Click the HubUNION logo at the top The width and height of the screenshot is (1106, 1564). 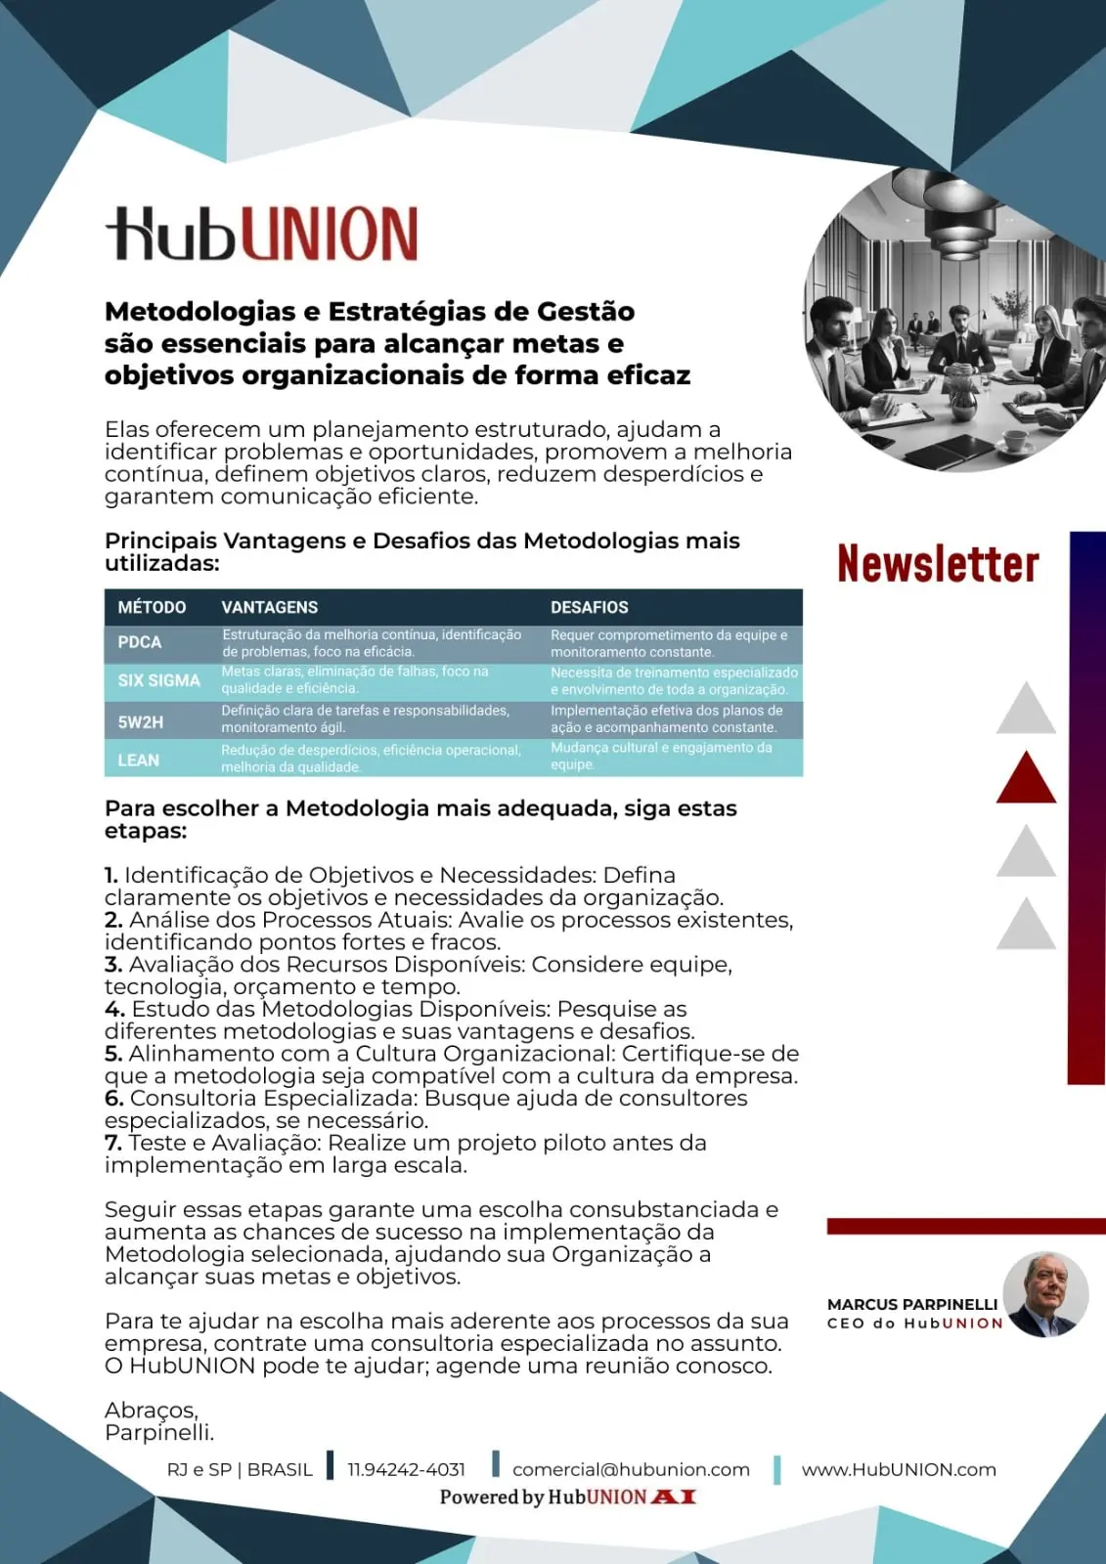pyautogui.click(x=262, y=234)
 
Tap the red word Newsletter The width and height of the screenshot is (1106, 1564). pyautogui.click(x=938, y=564)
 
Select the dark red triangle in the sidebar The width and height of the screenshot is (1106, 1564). pyautogui.click(x=1026, y=779)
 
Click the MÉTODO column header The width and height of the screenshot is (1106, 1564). pyautogui.click(x=152, y=607)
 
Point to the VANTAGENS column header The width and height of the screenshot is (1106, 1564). pyautogui.click(x=270, y=607)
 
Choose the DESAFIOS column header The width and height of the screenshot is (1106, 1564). pyautogui.click(x=589, y=607)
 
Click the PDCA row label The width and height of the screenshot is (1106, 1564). pyautogui.click(x=140, y=642)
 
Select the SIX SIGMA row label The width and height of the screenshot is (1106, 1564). pyautogui.click(x=158, y=680)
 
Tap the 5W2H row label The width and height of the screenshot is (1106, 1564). pyautogui.click(x=141, y=722)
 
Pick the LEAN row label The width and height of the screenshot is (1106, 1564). pyautogui.click(x=139, y=760)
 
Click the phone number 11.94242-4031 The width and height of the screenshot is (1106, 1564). pyautogui.click(x=406, y=1469)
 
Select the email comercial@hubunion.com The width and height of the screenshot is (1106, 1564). pyautogui.click(x=631, y=1469)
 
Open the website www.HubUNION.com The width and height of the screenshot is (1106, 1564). pyautogui.click(x=899, y=1469)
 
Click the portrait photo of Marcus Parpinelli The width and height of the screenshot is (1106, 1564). pyautogui.click(x=1045, y=1294)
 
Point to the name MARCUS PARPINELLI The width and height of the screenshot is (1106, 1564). pyautogui.click(x=912, y=1304)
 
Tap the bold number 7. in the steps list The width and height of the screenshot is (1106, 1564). pyautogui.click(x=113, y=1143)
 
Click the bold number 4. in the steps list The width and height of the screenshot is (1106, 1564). pyautogui.click(x=114, y=1009)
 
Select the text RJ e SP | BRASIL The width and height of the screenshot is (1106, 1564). pyautogui.click(x=240, y=1469)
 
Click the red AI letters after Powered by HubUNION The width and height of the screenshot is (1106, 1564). pyautogui.click(x=674, y=1497)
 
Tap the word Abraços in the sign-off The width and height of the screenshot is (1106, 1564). pyautogui.click(x=151, y=1411)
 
